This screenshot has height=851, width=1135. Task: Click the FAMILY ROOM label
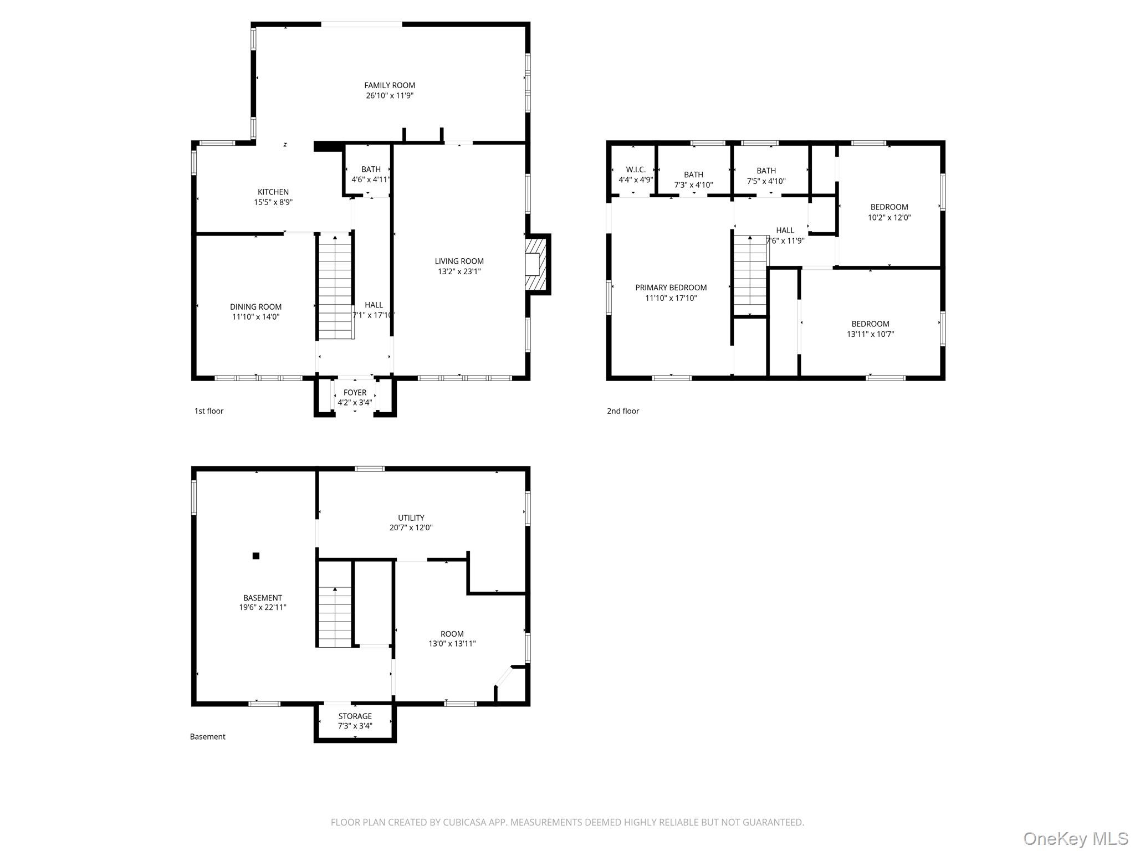(389, 85)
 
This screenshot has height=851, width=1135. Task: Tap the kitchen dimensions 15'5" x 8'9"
(273, 203)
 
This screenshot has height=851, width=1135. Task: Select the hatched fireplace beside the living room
(537, 264)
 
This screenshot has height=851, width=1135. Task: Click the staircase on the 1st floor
(335, 287)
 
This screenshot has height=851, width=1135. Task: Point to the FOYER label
(355, 393)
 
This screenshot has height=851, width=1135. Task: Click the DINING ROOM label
(255, 307)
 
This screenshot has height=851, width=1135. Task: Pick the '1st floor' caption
(209, 411)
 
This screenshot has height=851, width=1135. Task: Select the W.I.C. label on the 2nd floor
(636, 170)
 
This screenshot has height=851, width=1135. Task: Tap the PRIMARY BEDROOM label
(671, 288)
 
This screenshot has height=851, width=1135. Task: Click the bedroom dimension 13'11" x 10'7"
(870, 334)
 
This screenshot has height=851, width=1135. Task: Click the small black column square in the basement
(256, 556)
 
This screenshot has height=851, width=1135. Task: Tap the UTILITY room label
(411, 518)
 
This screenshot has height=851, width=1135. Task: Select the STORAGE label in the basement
(355, 716)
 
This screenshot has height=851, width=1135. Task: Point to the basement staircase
(335, 616)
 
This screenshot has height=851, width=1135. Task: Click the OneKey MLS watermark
(1075, 839)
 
